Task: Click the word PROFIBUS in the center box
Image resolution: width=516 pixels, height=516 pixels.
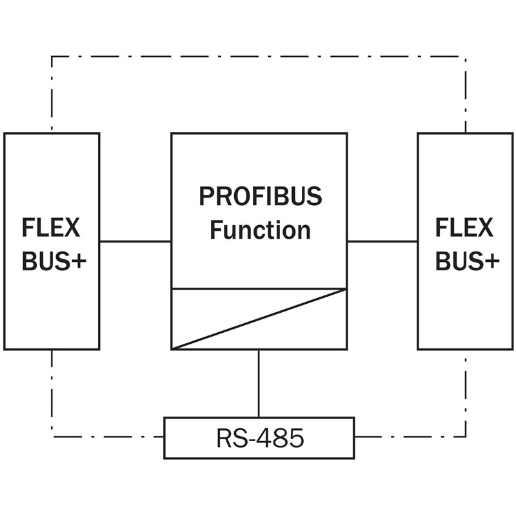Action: point(259,196)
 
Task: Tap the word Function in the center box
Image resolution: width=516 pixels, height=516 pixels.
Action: point(259,230)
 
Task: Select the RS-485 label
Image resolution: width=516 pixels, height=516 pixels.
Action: point(259,439)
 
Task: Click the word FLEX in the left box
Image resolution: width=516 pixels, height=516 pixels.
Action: point(51,228)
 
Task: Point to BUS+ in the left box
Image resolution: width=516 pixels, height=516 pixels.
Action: point(54,261)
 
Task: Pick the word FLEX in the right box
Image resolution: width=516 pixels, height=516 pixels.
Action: point(464,228)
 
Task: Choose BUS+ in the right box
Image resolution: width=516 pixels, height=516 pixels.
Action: point(468,261)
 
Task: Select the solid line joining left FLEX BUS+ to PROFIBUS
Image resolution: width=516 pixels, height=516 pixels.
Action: point(135,241)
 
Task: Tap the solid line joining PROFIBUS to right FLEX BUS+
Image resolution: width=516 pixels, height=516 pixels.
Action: point(382,241)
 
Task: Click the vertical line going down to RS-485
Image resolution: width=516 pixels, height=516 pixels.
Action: point(259,383)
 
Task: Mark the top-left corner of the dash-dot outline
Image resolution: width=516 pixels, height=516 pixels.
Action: point(52,57)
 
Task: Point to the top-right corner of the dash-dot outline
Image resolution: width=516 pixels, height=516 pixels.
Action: point(466,57)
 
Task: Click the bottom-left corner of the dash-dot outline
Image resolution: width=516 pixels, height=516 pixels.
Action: point(52,437)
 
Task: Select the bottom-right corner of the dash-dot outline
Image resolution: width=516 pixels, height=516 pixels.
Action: point(466,437)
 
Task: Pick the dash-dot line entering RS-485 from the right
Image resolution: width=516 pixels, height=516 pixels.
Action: point(410,437)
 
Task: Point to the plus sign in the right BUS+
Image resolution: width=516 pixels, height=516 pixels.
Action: point(491,262)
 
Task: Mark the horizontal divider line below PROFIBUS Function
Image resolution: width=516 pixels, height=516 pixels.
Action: point(259,288)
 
